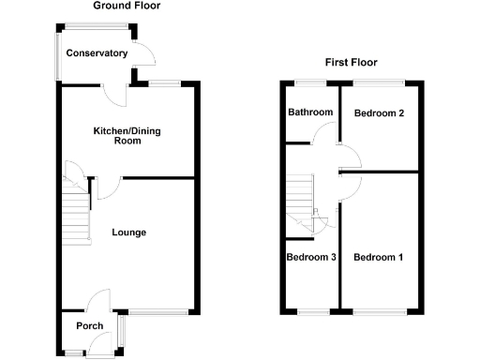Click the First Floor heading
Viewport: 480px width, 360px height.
tap(351, 63)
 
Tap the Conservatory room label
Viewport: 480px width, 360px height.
tap(96, 53)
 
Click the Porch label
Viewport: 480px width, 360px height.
tap(90, 326)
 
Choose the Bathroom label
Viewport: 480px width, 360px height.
tap(309, 112)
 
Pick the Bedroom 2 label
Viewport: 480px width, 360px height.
tap(379, 113)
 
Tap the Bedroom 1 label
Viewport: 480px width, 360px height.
tap(379, 257)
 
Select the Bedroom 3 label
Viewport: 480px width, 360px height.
tap(311, 257)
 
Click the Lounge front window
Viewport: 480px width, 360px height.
tap(158, 310)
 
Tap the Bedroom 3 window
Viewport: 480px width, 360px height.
tap(311, 310)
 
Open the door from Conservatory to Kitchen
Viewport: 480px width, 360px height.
tap(115, 92)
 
